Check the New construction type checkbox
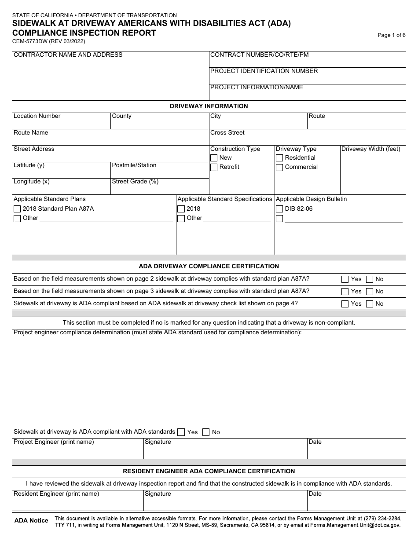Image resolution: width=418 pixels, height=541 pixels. (214, 158)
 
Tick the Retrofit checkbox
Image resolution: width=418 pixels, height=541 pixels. (214, 167)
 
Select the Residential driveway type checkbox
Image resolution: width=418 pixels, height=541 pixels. (279, 158)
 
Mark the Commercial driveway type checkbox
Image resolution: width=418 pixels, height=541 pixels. (279, 167)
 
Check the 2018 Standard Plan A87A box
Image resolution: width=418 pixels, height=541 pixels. (17, 209)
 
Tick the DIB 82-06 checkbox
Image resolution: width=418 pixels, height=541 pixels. (279, 209)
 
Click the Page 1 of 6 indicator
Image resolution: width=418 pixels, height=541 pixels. (392, 36)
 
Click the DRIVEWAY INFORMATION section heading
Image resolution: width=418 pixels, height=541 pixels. (209, 106)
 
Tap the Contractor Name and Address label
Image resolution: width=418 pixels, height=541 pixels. (68, 55)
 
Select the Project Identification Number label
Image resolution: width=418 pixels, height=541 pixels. (264, 71)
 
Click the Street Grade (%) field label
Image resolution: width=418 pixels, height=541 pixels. (135, 182)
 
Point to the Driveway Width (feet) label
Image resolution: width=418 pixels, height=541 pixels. (371, 149)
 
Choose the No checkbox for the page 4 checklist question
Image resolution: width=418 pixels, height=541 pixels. (370, 304)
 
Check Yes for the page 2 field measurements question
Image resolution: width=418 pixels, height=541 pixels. (345, 279)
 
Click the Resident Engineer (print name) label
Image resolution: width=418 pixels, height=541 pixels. (56, 494)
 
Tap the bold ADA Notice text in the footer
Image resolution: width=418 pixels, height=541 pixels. (31, 521)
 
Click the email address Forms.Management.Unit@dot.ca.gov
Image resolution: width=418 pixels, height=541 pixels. (356, 525)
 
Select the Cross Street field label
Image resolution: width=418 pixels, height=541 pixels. (227, 133)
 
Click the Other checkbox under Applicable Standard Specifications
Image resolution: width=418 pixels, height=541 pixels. (181, 219)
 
